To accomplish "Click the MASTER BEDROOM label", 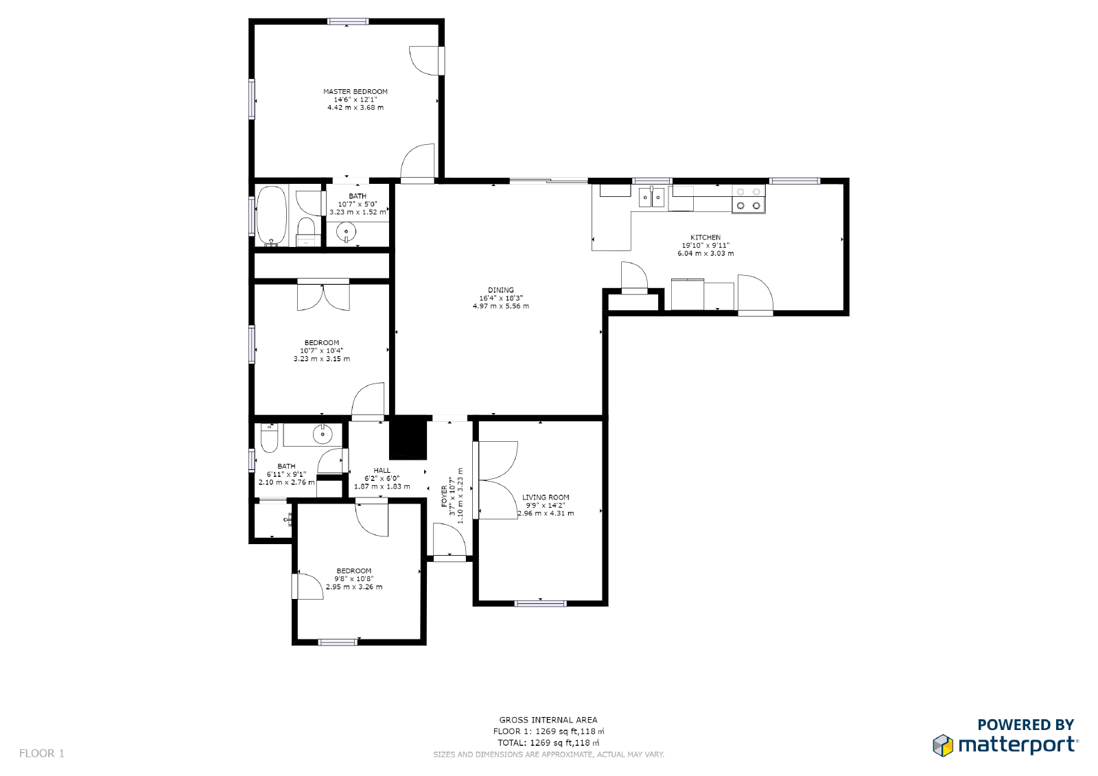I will coord(355,91).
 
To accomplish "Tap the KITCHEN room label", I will coord(705,237).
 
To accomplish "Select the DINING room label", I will coord(501,290).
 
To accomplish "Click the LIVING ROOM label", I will coord(546,497).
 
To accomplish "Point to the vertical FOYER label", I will coord(444,495).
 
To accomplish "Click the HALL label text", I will coord(382,471).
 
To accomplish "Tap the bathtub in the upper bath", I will coord(272,215).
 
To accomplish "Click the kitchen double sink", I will coord(652,198).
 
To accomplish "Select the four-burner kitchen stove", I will coord(748,199).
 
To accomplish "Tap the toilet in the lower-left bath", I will coord(269,438).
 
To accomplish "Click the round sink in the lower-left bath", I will coord(323,434).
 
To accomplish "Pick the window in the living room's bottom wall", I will coord(541,604).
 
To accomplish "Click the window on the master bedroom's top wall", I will coord(348,22).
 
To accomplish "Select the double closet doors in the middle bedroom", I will coord(323,296).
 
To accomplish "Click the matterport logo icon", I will coord(944,745).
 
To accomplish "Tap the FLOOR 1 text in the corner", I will coord(42,753).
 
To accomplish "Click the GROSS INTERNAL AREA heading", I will coord(548,720).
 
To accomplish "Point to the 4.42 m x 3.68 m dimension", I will coord(355,108).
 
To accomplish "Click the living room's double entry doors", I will coord(497,480).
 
